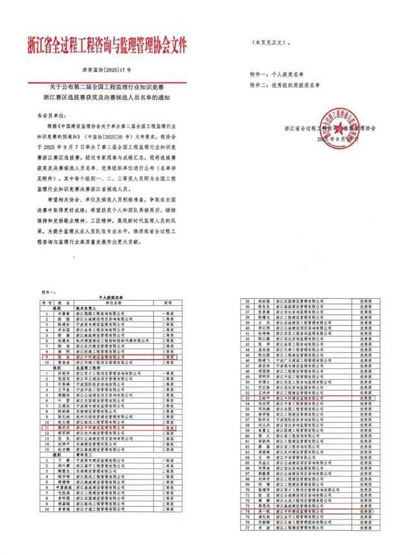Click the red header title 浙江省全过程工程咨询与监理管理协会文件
(x=107, y=45)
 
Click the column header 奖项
(x=168, y=303)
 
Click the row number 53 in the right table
(x=246, y=397)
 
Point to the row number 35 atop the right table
(x=246, y=301)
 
